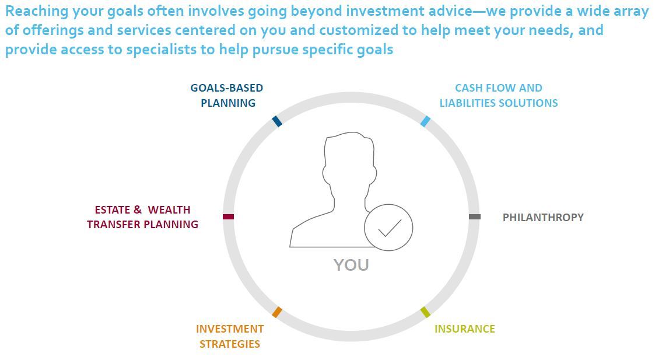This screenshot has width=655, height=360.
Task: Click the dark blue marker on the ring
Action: point(277,121)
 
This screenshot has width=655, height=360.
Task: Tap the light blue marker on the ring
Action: point(425,121)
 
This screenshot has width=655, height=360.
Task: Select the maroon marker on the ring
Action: point(228,216)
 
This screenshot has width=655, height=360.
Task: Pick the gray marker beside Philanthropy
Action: point(475,216)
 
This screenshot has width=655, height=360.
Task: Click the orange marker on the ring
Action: point(277,312)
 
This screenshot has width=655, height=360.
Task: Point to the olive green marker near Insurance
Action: point(425,312)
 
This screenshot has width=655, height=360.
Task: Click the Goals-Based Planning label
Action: point(227,95)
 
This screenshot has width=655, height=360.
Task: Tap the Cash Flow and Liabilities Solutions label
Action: point(498,95)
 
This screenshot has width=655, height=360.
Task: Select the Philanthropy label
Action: point(543,218)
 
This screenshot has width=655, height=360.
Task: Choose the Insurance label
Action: point(464,329)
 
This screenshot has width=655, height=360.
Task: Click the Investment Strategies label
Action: point(230,336)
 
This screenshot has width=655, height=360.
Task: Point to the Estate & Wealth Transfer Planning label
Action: point(142,217)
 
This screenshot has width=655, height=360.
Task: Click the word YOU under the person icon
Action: point(351,265)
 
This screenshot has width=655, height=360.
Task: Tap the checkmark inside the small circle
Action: point(389,228)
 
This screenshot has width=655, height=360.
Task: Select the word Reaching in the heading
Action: point(36,11)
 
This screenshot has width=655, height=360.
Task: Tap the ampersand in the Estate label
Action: point(138,209)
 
